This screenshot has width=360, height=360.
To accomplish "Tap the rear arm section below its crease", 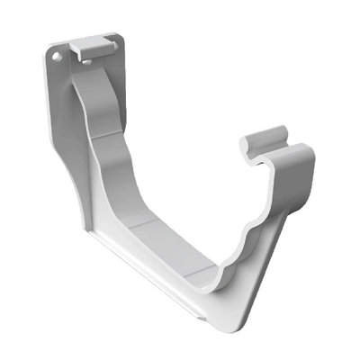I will (x=126, y=166).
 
